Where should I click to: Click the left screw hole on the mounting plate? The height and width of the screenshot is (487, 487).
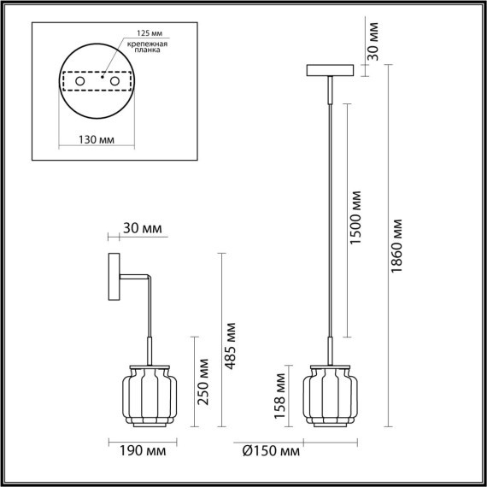pos(80,81)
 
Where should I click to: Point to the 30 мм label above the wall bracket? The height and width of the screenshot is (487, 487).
pos(141,229)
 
